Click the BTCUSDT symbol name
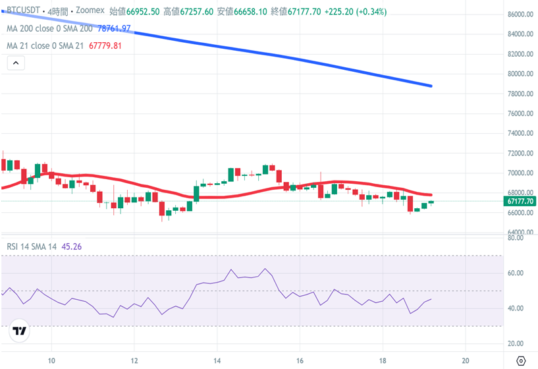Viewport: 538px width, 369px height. [22, 12]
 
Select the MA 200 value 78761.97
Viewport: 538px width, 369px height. [114, 28]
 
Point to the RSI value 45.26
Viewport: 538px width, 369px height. [71, 246]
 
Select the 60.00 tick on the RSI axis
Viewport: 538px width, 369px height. [516, 273]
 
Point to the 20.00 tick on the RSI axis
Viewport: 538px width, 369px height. [516, 344]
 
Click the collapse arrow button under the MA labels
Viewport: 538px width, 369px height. [15, 63]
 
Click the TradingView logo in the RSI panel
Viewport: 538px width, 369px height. [20, 331]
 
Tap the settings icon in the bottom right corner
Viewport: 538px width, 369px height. [521, 361]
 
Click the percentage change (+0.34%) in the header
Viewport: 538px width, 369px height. [369, 12]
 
